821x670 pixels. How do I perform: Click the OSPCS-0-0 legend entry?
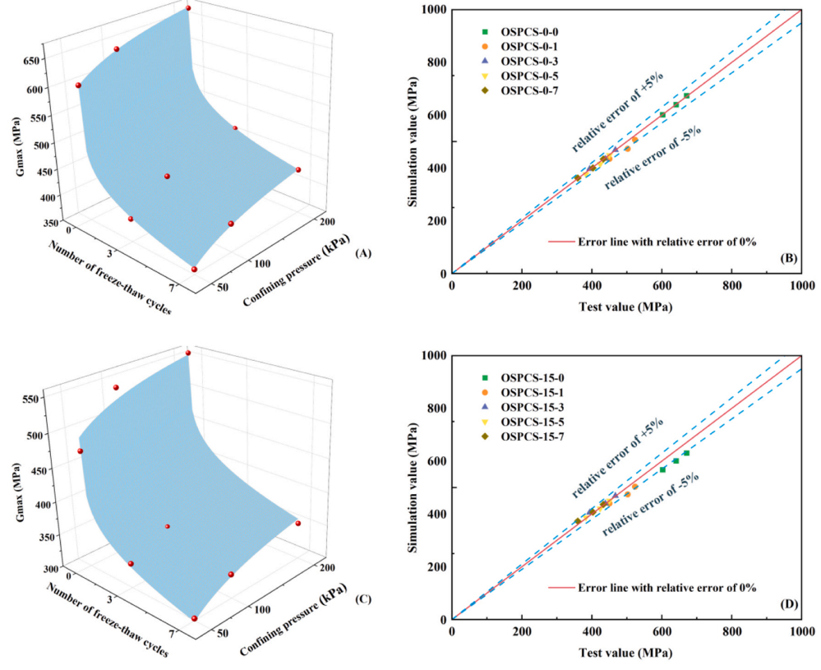525,32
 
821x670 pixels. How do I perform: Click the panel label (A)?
362,253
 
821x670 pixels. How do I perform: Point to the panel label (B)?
786,259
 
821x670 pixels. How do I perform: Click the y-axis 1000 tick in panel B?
431,10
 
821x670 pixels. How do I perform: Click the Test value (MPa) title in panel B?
626,307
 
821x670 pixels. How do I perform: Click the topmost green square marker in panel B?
686,96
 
